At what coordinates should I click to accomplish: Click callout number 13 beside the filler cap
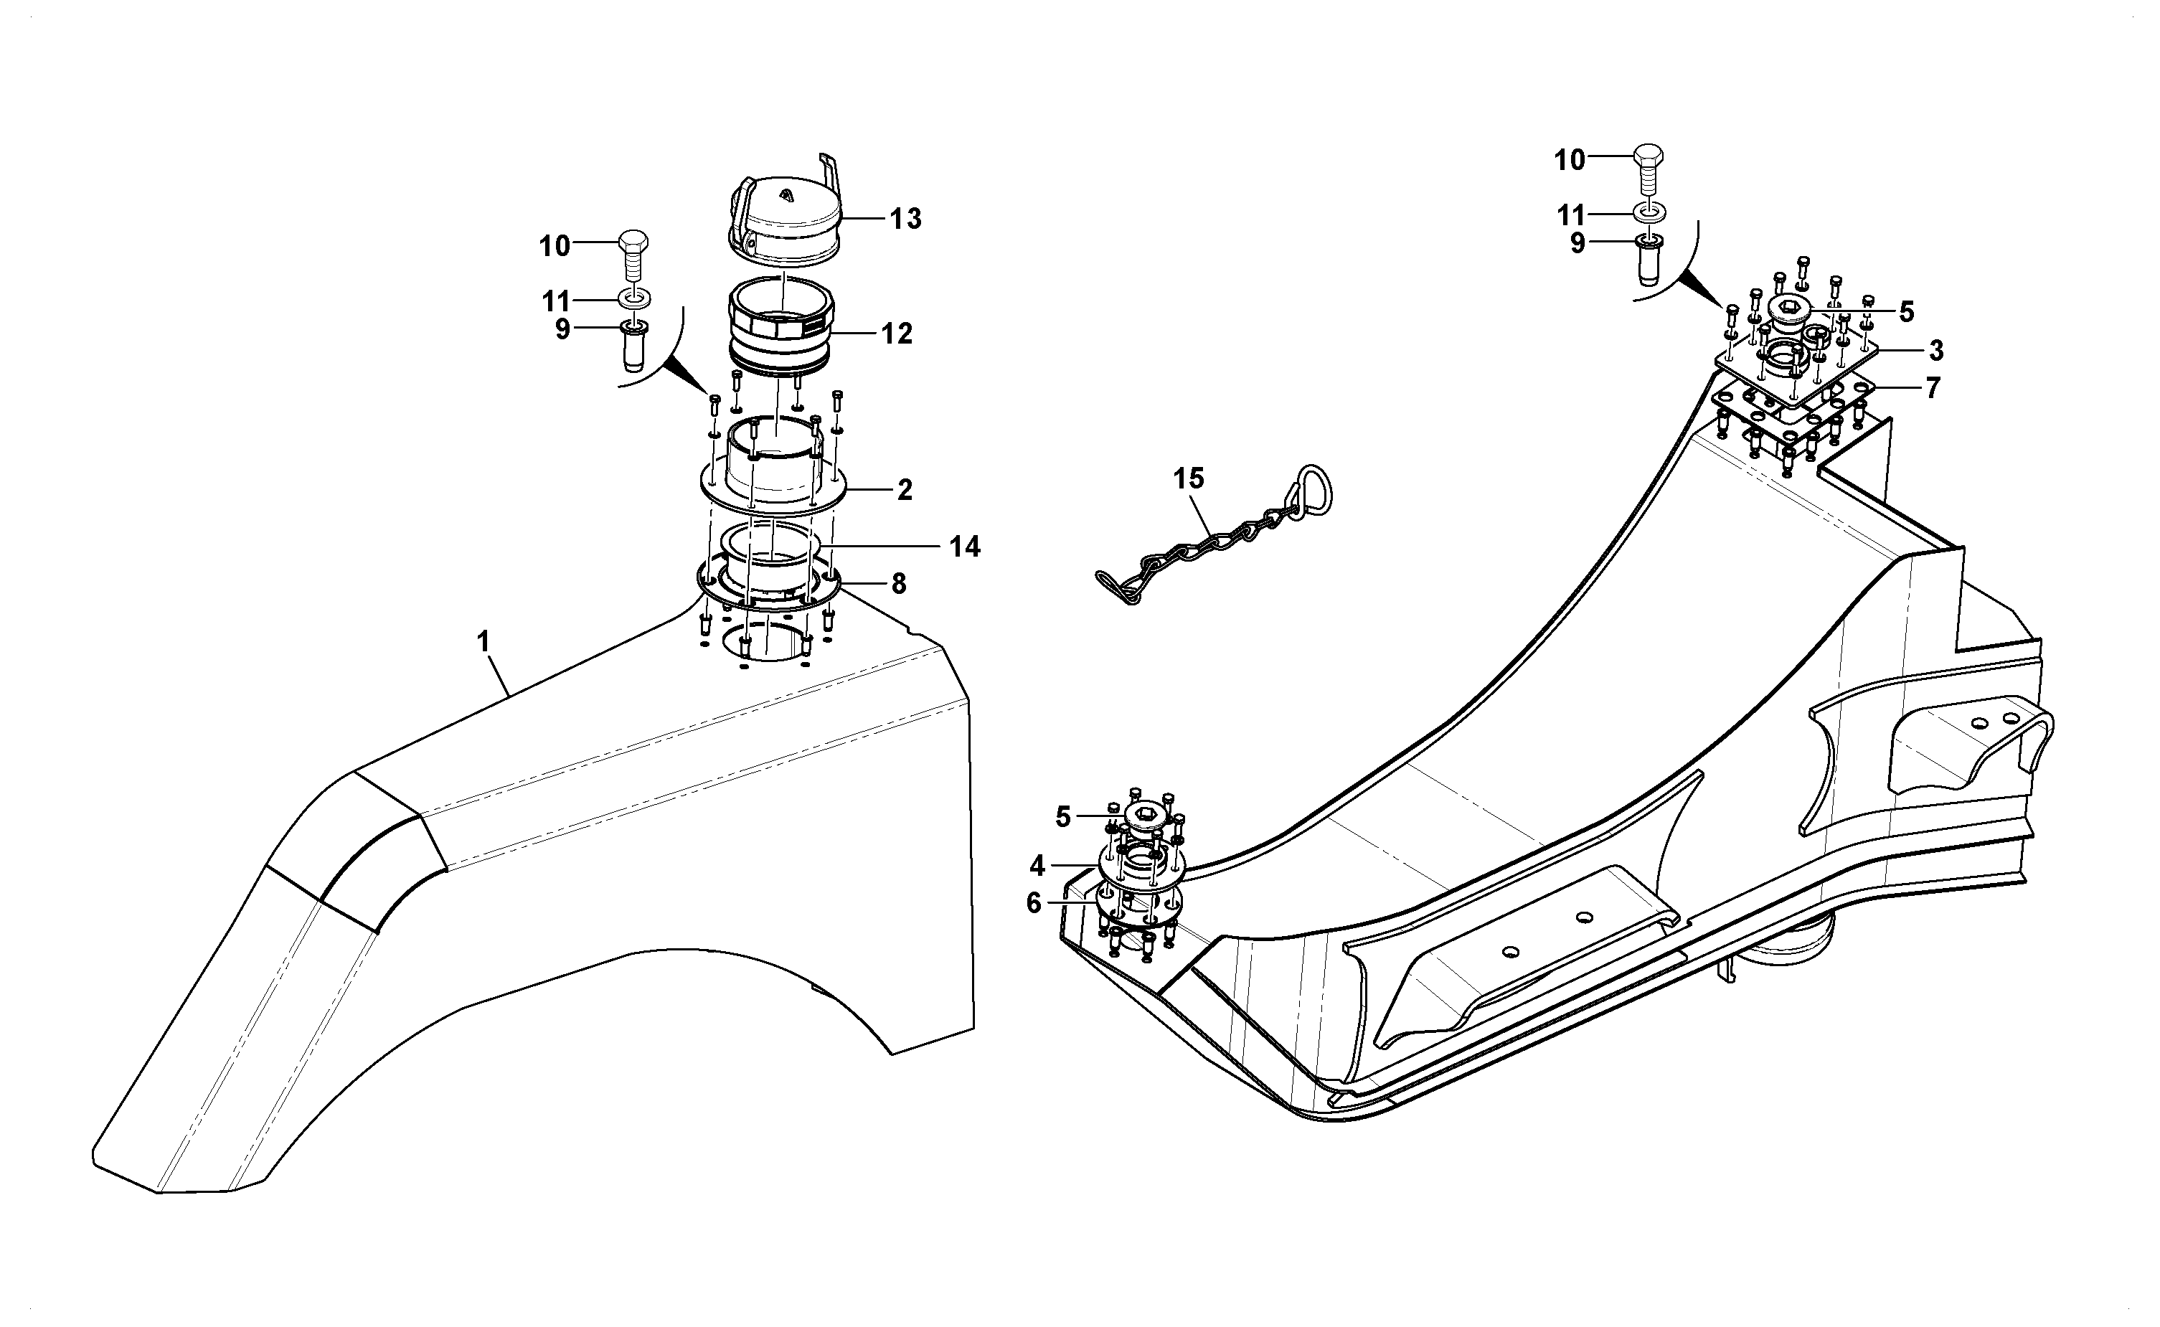point(906,219)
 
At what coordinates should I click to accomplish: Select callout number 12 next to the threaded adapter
point(897,334)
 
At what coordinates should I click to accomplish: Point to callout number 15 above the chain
point(1189,478)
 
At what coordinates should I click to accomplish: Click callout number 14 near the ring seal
point(965,547)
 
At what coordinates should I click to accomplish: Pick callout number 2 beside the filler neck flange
point(905,490)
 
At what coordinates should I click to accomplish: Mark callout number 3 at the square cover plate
point(1936,351)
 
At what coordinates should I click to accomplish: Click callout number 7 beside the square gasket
point(1933,388)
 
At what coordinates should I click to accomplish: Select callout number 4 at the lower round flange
point(1037,866)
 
